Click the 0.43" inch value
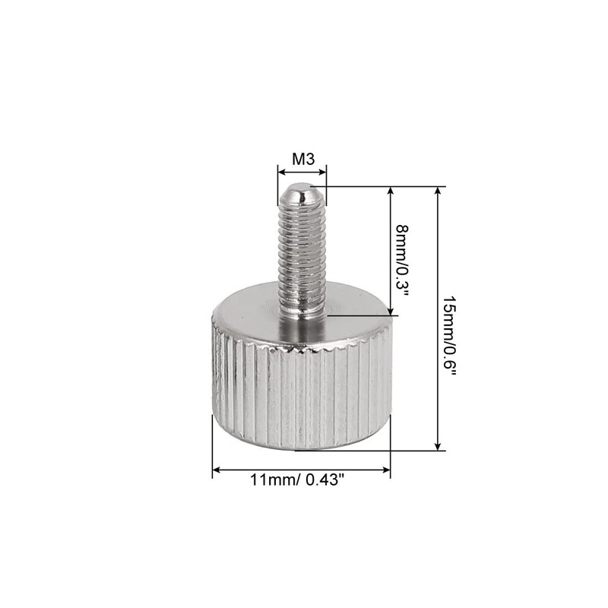tap(327, 480)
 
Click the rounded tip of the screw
tap(302, 190)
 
